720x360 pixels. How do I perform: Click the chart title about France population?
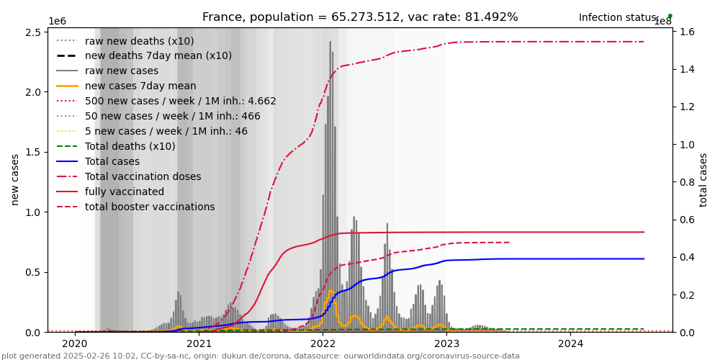[360, 17]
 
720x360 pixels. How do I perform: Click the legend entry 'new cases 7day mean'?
[140, 86]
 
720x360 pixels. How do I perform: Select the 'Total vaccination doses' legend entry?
[143, 176]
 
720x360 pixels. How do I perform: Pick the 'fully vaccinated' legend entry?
[125, 192]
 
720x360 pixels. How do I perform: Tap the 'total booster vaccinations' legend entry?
[150, 207]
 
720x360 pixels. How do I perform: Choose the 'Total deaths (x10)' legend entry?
[130, 146]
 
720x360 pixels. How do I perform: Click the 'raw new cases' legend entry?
[122, 71]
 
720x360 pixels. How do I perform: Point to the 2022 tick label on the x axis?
[323, 343]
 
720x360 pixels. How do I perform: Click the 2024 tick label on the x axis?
[570, 343]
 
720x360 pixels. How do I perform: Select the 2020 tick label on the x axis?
[75, 343]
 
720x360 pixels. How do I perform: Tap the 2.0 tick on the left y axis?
[34, 92]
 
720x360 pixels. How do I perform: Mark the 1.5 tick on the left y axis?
[34, 152]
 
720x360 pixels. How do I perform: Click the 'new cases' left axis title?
[15, 179]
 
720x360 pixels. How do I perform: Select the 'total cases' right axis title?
[703, 179]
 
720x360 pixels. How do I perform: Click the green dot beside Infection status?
[670, 15]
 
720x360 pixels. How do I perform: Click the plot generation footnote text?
[261, 356]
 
